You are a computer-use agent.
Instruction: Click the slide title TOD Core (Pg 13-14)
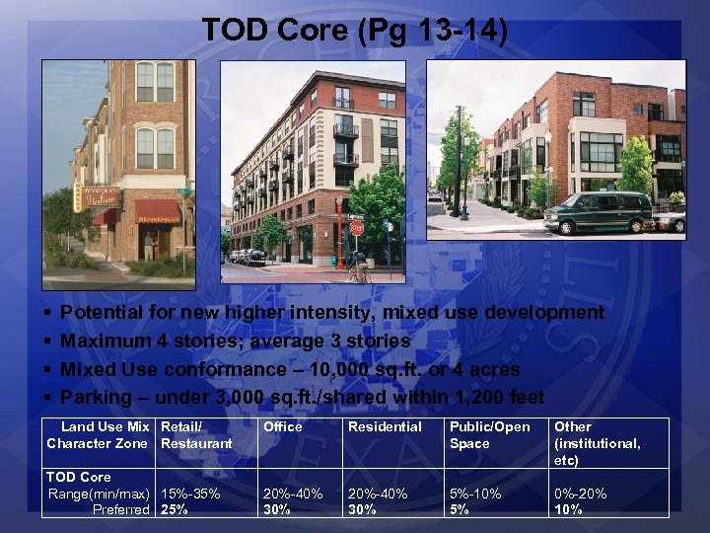pyautogui.click(x=355, y=30)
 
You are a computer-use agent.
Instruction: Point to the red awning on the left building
pyautogui.click(x=157, y=209)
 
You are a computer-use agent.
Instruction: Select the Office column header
pyautogui.click(x=283, y=426)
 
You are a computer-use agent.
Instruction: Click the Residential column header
pyautogui.click(x=385, y=426)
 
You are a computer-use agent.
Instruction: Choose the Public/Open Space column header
pyautogui.click(x=489, y=435)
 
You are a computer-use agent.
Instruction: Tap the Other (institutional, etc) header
pyautogui.click(x=598, y=443)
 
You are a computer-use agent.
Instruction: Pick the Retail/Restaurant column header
pyautogui.click(x=196, y=435)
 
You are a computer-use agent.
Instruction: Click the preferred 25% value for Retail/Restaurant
pyautogui.click(x=175, y=509)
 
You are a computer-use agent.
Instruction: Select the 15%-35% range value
pyautogui.click(x=190, y=494)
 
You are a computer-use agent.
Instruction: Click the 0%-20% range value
pyautogui.click(x=581, y=494)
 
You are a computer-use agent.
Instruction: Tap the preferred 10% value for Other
pyautogui.click(x=569, y=509)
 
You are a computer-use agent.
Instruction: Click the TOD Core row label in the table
pyautogui.click(x=79, y=477)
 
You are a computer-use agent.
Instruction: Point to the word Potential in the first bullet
pyautogui.click(x=102, y=313)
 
